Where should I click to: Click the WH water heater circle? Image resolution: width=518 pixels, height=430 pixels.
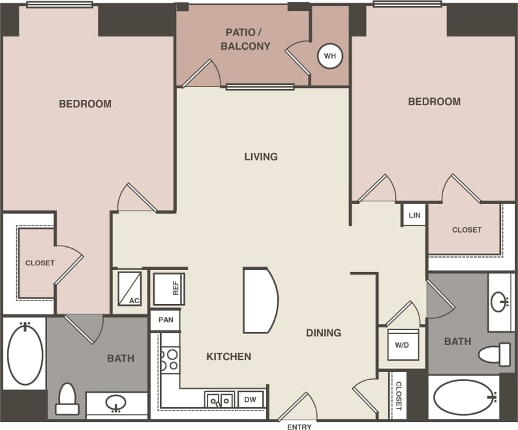[x=330, y=56]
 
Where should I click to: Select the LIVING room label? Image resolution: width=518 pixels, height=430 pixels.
[x=261, y=157]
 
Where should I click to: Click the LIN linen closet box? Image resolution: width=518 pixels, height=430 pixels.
[x=414, y=215]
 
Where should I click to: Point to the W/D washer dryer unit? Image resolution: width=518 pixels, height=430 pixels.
[x=403, y=344]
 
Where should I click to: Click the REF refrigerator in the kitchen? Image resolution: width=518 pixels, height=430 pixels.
[x=169, y=289]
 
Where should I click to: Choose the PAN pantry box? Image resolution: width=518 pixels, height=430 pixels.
[x=165, y=320]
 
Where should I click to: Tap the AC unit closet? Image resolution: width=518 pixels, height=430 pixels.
[x=129, y=288]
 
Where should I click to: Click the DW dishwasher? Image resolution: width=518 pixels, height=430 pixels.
[x=250, y=399]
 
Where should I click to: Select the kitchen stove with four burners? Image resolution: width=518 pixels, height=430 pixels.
[x=170, y=359]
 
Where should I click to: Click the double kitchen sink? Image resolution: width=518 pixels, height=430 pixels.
[x=219, y=399]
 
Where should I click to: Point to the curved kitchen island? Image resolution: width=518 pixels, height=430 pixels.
[x=261, y=300]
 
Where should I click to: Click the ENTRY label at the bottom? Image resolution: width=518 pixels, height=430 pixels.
[x=299, y=427]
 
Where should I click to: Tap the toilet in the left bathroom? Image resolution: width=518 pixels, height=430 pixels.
[x=67, y=399]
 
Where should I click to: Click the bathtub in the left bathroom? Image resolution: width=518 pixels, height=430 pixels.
[x=25, y=354]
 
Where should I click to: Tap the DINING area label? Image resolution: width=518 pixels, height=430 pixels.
[x=324, y=333]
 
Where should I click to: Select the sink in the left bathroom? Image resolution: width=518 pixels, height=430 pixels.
[x=116, y=403]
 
